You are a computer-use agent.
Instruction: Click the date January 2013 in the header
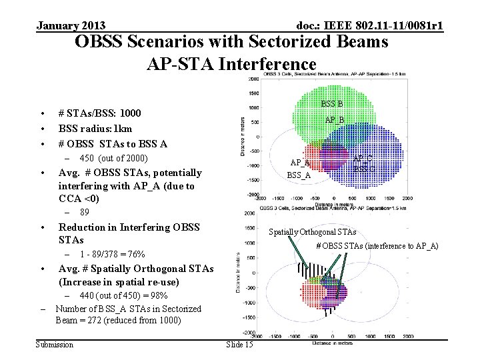click(71, 26)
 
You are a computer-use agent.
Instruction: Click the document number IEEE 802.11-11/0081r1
click(370, 26)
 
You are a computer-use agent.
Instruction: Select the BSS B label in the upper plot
click(332, 103)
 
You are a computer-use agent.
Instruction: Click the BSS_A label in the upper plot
click(299, 175)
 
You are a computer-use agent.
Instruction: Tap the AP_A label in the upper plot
click(299, 162)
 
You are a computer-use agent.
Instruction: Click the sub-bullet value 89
click(85, 213)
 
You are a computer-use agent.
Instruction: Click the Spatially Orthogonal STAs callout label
click(312, 232)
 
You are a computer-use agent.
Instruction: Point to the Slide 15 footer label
click(239, 344)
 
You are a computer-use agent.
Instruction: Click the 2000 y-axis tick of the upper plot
click(254, 79)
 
